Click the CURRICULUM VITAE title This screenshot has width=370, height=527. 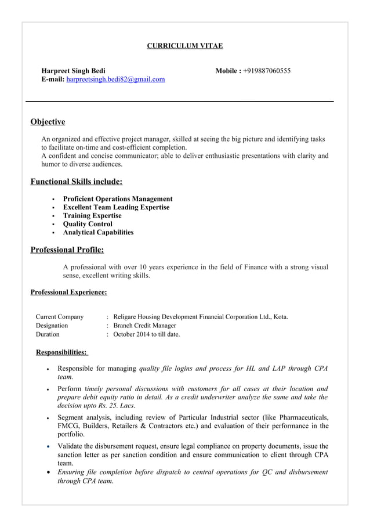[x=184, y=45]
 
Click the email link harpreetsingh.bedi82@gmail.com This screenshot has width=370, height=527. [x=115, y=79]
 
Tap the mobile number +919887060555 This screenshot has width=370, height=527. [x=267, y=71]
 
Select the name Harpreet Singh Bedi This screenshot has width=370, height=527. [x=73, y=71]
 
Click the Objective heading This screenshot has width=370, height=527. [x=48, y=122]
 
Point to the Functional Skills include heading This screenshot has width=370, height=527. [x=76, y=182]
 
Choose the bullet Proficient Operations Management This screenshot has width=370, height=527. [x=118, y=199]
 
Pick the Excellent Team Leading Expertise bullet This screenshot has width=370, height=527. [x=116, y=207]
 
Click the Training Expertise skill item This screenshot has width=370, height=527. [x=92, y=215]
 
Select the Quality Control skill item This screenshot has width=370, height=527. [x=88, y=224]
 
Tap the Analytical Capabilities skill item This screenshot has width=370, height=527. [x=98, y=232]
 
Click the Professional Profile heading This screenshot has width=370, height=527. [x=67, y=250]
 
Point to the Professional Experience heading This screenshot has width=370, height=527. [x=68, y=293]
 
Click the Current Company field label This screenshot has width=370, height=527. [x=60, y=317]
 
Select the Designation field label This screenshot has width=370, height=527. [x=52, y=326]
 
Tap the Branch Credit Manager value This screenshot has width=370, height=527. [x=144, y=326]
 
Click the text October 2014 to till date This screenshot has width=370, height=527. [x=147, y=334]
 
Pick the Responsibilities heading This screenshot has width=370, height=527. [x=61, y=352]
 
